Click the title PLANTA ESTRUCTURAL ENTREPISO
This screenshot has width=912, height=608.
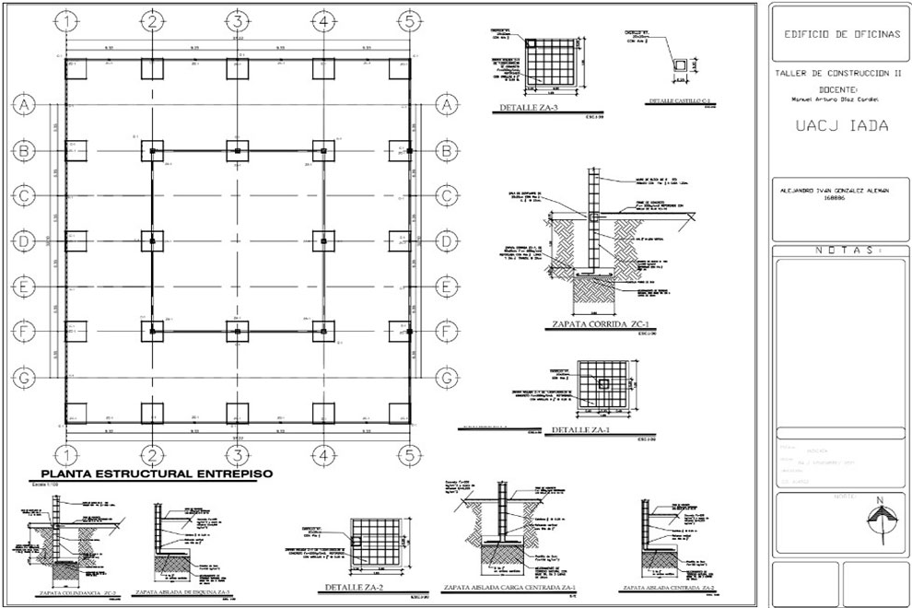(151, 474)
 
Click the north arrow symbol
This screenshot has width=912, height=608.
(881, 517)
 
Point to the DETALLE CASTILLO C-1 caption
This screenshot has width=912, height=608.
(679, 101)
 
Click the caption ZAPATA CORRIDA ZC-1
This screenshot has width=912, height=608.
(594, 325)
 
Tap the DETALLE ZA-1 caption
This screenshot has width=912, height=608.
(577, 431)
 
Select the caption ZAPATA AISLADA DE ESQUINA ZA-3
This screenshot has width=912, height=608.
(182, 592)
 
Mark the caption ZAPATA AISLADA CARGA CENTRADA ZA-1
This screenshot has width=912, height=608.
(510, 587)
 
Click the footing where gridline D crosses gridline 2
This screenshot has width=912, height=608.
(152, 241)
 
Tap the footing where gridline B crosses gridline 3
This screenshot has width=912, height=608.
(237, 150)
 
